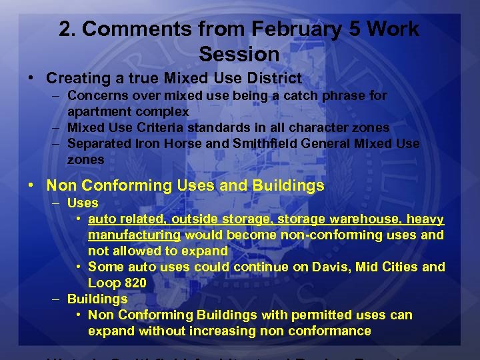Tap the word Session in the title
(239, 53)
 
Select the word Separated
(101, 143)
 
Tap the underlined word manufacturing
(135, 235)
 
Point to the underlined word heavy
(426, 219)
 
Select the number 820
(135, 283)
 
